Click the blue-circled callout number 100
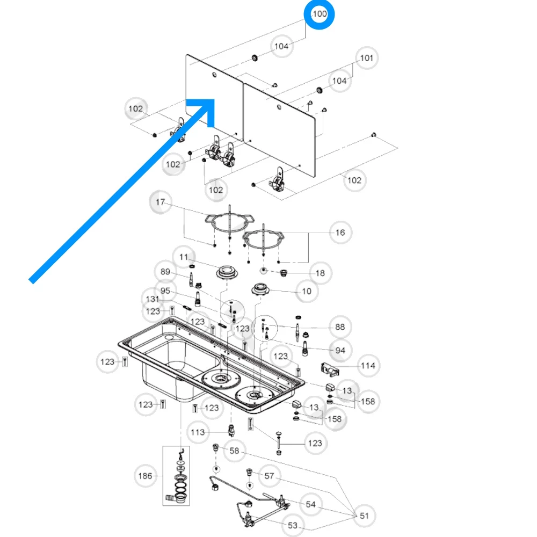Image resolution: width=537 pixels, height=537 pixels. [320, 14]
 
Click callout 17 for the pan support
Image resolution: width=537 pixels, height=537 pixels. [161, 202]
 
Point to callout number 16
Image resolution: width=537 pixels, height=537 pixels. [340, 233]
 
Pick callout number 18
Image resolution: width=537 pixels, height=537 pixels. [320, 273]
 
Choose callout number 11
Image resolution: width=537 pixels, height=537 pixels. [184, 257]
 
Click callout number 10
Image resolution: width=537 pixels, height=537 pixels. [306, 291]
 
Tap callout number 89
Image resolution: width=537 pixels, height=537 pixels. [165, 272]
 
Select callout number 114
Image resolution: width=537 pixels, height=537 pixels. [368, 366]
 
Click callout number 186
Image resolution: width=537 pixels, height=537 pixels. [145, 476]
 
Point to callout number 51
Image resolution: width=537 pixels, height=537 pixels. [364, 516]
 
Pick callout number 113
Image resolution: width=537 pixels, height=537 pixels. [198, 432]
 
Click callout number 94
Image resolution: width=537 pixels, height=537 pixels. [340, 351]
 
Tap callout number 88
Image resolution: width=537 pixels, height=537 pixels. [340, 327]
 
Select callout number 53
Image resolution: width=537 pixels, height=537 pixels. [293, 525]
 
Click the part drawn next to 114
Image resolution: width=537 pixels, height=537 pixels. [330, 369]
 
